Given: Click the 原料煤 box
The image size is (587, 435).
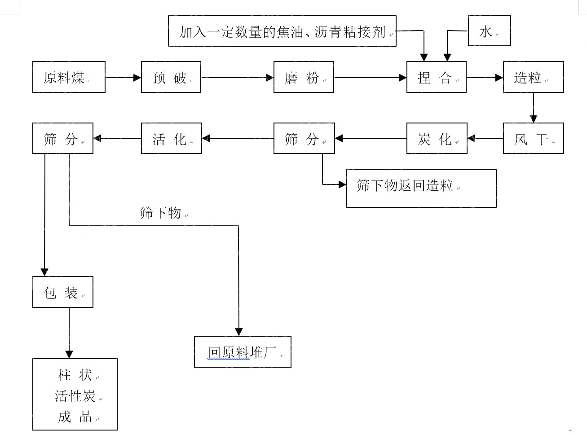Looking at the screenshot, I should [x=69, y=77].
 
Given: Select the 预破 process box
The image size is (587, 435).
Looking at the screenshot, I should [x=171, y=77].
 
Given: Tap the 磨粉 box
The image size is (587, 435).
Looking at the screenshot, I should [x=304, y=77].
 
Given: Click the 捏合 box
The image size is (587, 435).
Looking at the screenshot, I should [x=436, y=77].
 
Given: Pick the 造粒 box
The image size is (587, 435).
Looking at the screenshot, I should [x=533, y=77].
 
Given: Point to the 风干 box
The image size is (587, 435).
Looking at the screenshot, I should [x=533, y=138].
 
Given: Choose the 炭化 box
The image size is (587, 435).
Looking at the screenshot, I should [x=437, y=138].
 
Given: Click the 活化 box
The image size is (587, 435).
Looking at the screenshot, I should [x=171, y=138].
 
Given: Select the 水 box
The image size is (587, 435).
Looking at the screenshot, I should [x=489, y=31].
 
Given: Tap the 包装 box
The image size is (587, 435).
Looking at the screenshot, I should [x=62, y=292].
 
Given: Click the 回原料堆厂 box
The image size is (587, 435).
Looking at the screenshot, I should [x=243, y=352].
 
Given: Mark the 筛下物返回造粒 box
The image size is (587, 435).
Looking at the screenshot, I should [x=421, y=188].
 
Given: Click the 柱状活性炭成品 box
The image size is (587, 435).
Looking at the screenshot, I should [x=75, y=395].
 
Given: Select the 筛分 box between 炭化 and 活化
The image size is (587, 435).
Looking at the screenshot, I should [x=304, y=138].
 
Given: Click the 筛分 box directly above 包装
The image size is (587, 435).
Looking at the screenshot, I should [x=62, y=138].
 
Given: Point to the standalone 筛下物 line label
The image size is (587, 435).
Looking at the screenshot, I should [x=160, y=213].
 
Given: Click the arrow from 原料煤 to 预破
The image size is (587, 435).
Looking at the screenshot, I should [x=123, y=78].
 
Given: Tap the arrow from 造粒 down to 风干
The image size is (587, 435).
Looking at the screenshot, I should [x=534, y=108].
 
